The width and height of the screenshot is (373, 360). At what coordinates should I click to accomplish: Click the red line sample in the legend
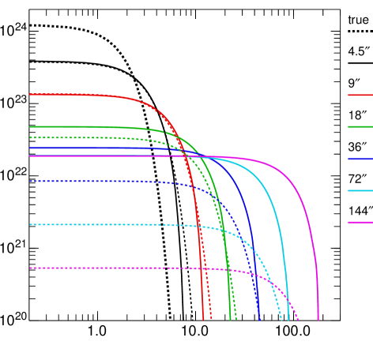[360, 95]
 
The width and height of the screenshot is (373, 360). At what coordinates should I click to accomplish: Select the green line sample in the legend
[360, 126]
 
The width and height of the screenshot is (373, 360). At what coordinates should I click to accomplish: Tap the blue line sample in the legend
[360, 159]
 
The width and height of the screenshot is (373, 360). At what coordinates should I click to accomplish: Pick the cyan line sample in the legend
[360, 190]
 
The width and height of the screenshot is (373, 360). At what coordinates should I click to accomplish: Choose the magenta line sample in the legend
[360, 222]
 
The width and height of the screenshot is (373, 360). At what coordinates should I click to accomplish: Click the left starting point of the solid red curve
[30, 94]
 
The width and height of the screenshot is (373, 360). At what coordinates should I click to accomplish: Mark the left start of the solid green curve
[30, 126]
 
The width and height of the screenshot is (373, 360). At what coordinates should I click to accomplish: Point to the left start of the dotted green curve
[30, 137]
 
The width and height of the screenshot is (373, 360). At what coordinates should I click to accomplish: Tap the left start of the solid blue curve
[30, 148]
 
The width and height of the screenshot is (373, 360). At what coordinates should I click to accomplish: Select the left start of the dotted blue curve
[30, 181]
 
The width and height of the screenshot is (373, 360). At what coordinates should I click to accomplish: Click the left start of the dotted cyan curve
[30, 224]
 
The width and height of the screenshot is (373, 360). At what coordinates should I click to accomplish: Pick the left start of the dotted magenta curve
[30, 268]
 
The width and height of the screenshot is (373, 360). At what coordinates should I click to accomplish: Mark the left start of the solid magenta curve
[30, 156]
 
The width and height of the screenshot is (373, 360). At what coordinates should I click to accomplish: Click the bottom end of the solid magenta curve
[318, 320]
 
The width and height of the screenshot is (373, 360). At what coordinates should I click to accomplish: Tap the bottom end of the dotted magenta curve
[300, 320]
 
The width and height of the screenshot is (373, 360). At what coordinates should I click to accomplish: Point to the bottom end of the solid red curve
[204, 320]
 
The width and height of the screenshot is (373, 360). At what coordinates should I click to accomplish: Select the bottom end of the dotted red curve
[212, 320]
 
